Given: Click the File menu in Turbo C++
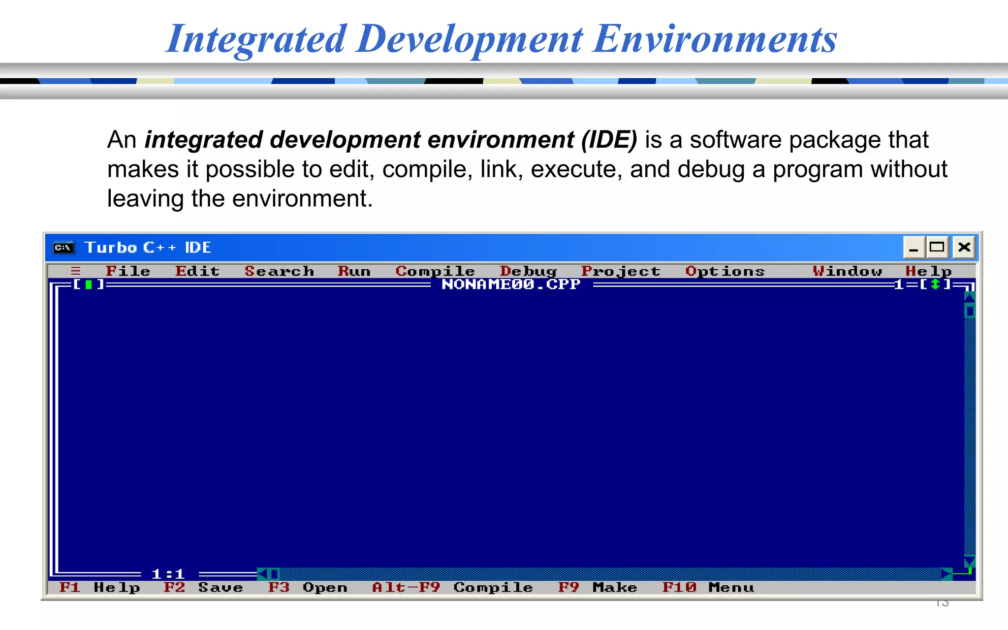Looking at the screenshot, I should click(127, 271).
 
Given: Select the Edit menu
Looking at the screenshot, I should click(197, 271).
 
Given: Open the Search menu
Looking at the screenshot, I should click(279, 271).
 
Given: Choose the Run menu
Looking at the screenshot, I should click(354, 271).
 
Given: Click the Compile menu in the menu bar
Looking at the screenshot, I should click(435, 271).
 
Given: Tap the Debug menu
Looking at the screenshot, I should click(528, 271).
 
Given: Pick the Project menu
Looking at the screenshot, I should click(621, 271).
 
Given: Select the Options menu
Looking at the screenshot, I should click(725, 271).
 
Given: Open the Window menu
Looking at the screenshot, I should click(847, 271).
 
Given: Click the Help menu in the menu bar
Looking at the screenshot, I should click(928, 271).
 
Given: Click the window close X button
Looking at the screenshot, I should click(964, 247).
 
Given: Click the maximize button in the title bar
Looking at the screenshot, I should click(937, 247).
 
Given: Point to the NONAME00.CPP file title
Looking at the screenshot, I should click(511, 284).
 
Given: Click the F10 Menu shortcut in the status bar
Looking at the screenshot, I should click(708, 588).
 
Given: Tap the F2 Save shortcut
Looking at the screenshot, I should click(203, 588).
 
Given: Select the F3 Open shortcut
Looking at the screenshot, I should click(308, 588).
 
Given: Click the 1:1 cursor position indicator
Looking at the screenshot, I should click(168, 574).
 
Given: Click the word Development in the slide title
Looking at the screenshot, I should click(470, 39).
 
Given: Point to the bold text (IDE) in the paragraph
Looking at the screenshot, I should click(609, 140).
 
